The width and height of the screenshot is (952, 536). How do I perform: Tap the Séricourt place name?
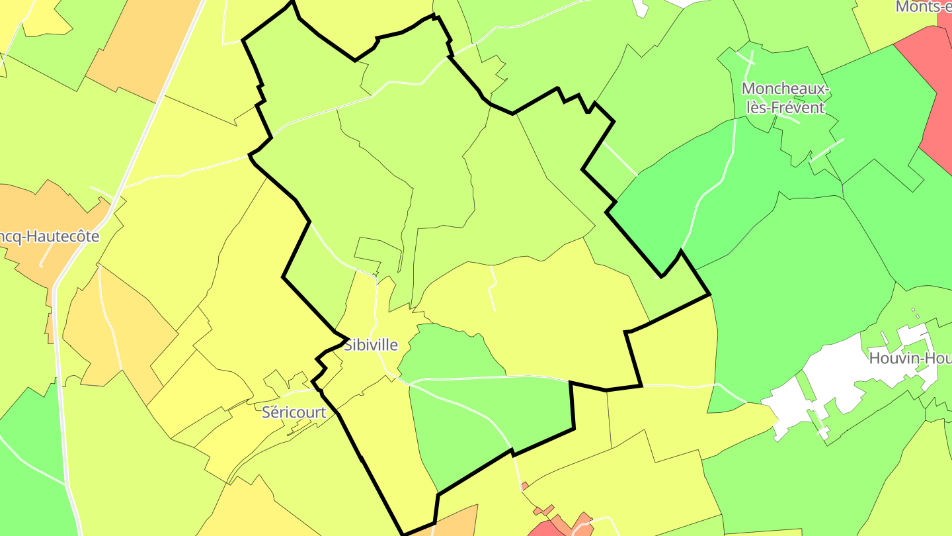(294, 412)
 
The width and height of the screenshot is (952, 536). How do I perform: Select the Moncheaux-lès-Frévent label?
(785, 97)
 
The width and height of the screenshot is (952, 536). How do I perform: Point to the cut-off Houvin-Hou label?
(910, 359)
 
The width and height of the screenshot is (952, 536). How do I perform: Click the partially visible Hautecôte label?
(50, 236)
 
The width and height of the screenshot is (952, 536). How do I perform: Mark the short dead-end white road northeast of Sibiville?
(492, 288)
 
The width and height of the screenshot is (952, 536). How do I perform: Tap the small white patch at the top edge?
(640, 7)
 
